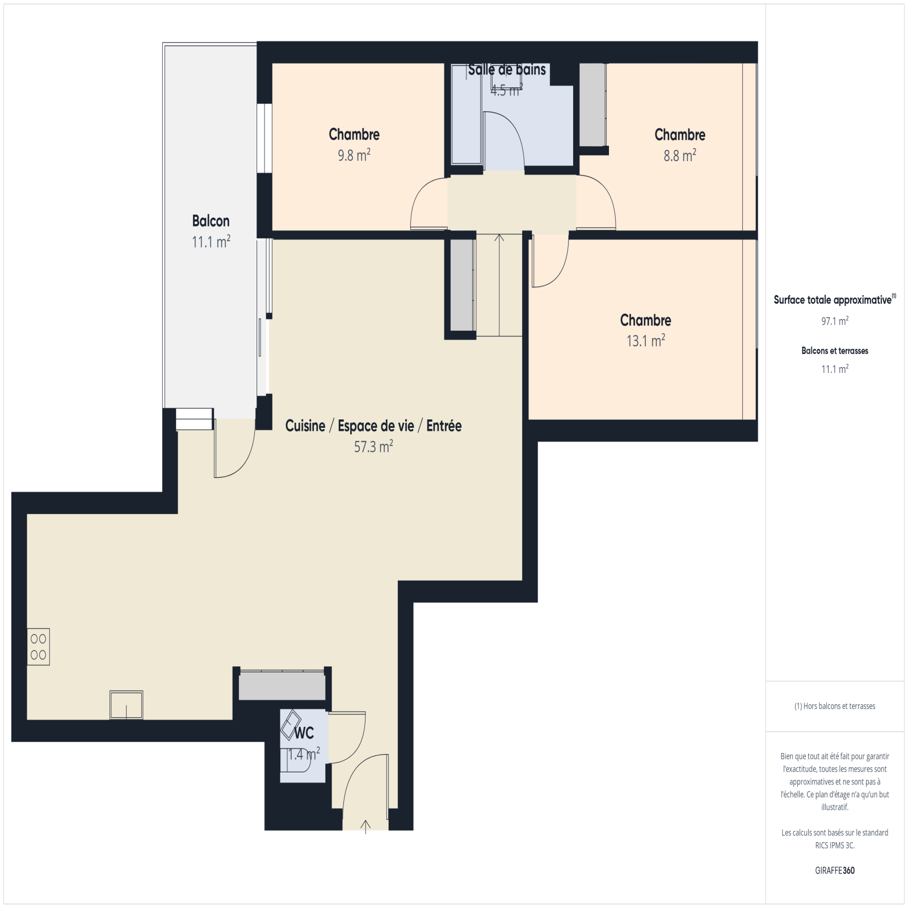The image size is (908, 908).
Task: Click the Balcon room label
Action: coord(211,221)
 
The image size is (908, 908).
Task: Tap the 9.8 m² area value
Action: coord(354,155)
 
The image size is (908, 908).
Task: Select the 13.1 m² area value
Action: coord(646,340)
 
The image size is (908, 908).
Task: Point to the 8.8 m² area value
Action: coord(680,155)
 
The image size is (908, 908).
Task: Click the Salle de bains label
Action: coord(507,70)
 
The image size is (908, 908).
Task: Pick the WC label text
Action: coord(304,733)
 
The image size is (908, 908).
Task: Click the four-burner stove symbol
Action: coord(39,646)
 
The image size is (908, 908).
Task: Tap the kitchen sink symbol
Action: coord(126,705)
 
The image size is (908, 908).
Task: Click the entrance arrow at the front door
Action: coord(366,826)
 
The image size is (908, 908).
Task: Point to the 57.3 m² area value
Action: coord(373,447)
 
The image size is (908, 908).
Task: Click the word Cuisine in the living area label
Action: coord(305,426)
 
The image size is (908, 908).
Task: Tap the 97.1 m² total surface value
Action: coord(835,321)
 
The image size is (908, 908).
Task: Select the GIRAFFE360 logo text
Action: coord(835,870)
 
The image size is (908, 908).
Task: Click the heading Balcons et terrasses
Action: coord(835,351)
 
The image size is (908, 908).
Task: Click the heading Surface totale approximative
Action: coord(833,300)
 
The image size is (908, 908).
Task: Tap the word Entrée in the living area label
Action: coord(444,426)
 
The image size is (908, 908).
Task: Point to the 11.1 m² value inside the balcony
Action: coord(211,242)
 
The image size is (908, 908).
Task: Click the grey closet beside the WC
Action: coord(282,686)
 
